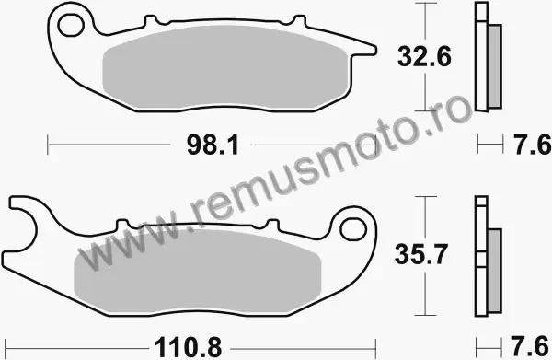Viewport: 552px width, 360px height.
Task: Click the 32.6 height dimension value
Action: coord(424,56)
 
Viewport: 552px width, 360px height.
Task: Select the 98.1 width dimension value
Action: coord(213,145)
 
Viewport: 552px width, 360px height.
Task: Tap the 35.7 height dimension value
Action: coord(421,254)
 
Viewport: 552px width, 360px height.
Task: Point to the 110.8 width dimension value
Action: coord(188,347)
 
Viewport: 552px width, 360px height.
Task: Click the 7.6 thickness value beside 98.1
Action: coord(532,145)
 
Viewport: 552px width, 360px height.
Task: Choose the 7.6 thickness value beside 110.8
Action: coord(530,346)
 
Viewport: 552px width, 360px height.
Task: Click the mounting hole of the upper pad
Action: coord(72,26)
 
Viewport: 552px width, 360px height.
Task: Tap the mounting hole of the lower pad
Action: coord(353,229)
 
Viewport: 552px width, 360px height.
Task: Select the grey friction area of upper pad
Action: coord(225,67)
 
